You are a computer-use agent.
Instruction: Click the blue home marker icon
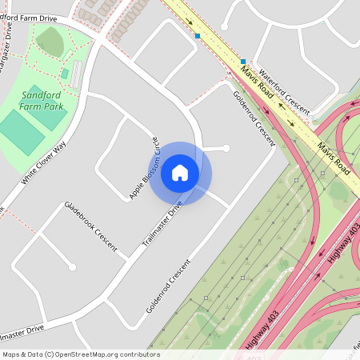tap(180, 172)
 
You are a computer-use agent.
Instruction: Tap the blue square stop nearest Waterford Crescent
tap(243, 62)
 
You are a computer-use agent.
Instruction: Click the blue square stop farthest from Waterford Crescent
tap(198, 35)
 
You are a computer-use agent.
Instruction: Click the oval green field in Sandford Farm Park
tap(50, 39)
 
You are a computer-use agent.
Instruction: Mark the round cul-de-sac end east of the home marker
tap(226, 148)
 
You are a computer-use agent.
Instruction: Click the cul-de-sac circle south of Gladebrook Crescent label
tap(72, 266)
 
